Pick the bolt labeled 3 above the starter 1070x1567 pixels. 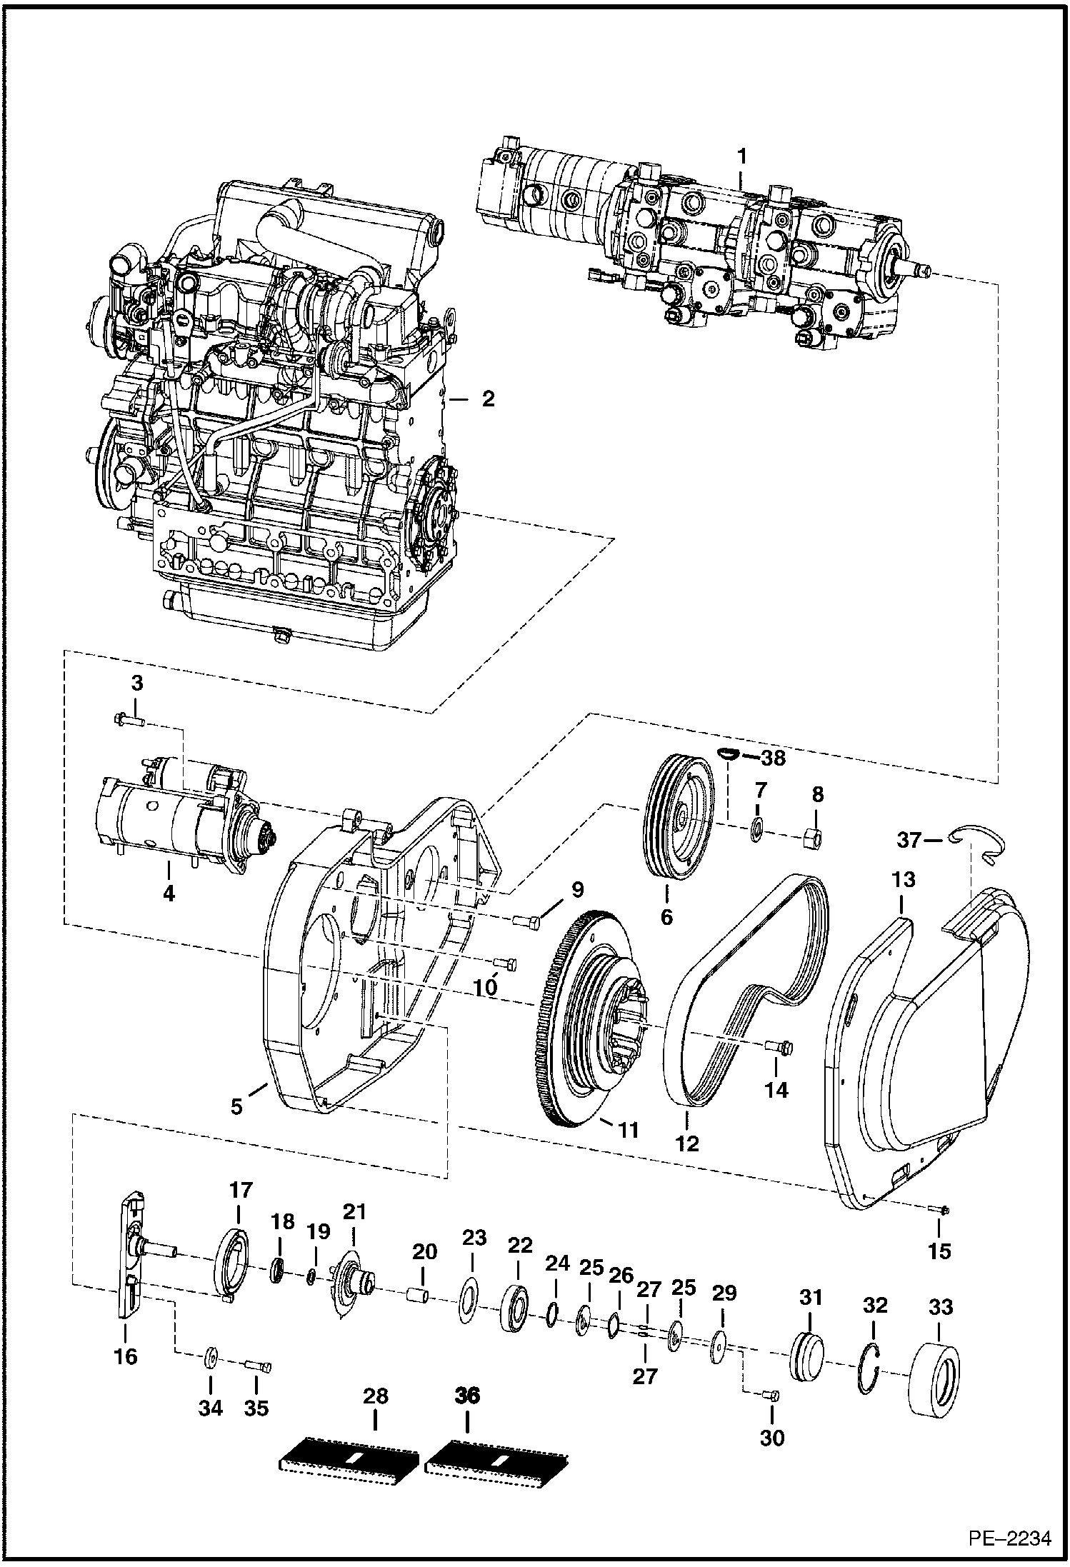tap(127, 721)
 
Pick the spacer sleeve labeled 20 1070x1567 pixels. tap(419, 1293)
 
